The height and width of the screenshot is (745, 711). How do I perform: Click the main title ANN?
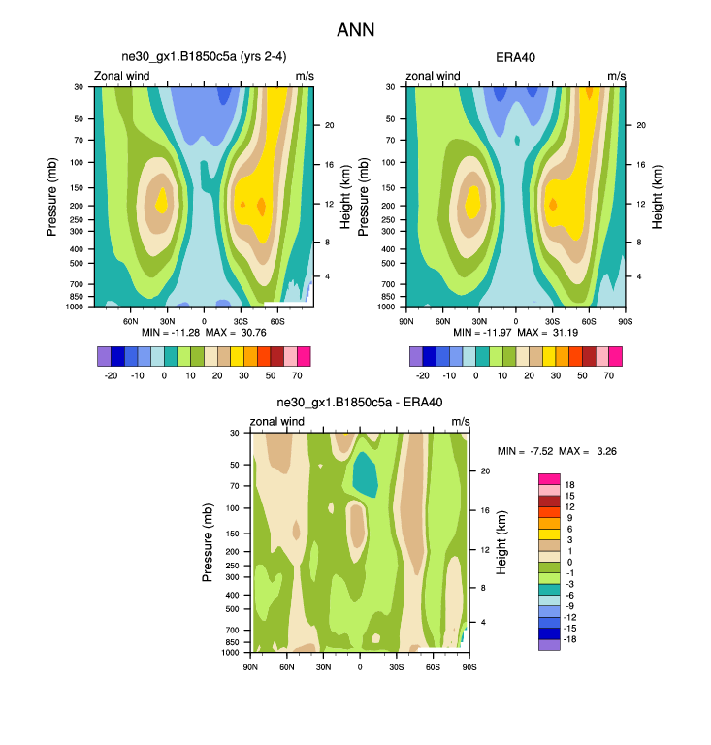click(x=355, y=30)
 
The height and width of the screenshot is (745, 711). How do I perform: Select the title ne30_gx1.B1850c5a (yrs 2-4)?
click(x=204, y=58)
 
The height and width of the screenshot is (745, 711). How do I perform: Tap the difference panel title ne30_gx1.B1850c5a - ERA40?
click(x=359, y=404)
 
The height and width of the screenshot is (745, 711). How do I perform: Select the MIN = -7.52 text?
click(x=525, y=451)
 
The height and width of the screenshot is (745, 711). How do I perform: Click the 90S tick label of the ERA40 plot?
click(x=626, y=321)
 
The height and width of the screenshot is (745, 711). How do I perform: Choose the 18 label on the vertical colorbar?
click(x=571, y=484)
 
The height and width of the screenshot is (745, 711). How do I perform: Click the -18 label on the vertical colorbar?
click(x=573, y=643)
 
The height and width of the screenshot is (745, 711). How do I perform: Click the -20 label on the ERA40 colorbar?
click(x=423, y=373)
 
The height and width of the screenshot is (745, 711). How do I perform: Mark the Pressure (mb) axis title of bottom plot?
click(x=209, y=542)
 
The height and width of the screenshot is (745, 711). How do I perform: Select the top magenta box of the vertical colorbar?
click(x=549, y=478)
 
